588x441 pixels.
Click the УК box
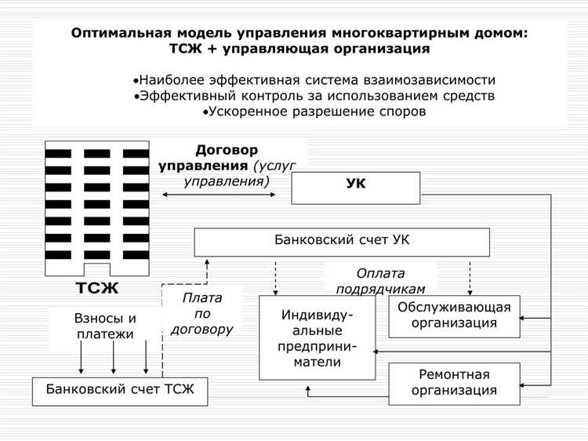[355, 188]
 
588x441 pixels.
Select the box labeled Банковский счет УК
[342, 242]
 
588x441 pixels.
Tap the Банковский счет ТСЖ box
[120, 391]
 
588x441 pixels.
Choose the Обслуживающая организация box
[454, 315]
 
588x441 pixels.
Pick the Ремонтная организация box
[454, 384]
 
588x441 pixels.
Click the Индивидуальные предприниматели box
[317, 338]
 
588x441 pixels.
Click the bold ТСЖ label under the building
[97, 288]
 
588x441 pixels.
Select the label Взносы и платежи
[105, 326]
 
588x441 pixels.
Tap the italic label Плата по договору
[201, 314]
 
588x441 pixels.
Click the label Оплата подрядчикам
[380, 281]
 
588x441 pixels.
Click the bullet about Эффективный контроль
[314, 96]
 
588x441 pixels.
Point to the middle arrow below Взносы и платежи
[114, 358]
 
